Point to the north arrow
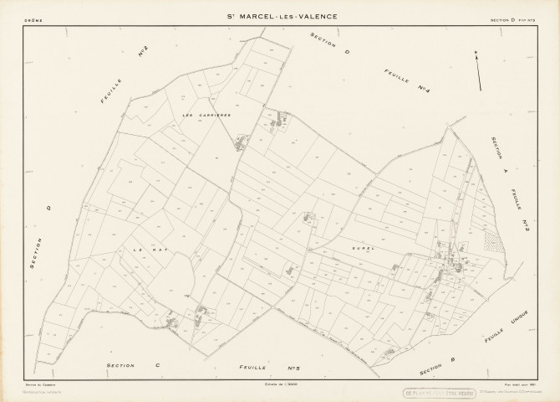(x=479, y=71)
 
